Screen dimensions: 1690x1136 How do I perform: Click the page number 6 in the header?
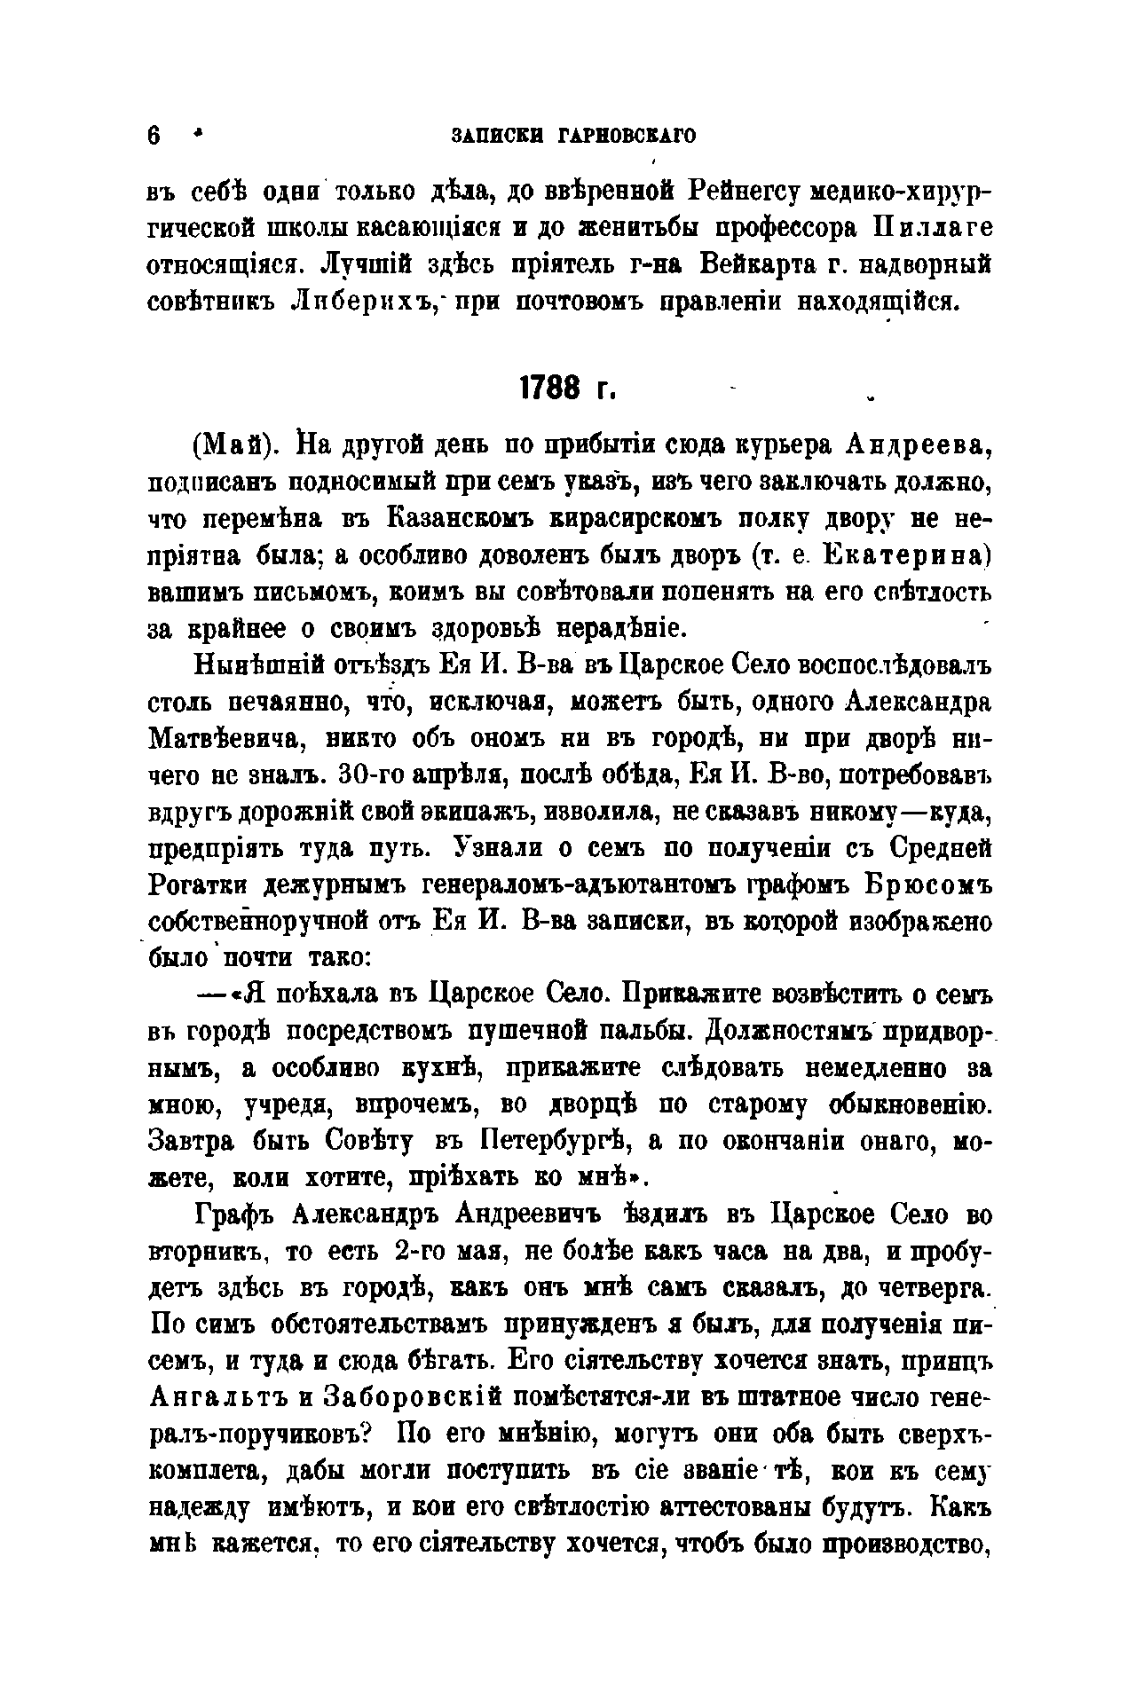tap(155, 137)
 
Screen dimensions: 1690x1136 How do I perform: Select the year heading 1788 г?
tap(567, 389)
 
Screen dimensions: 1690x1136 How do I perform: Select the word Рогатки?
tap(201, 884)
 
